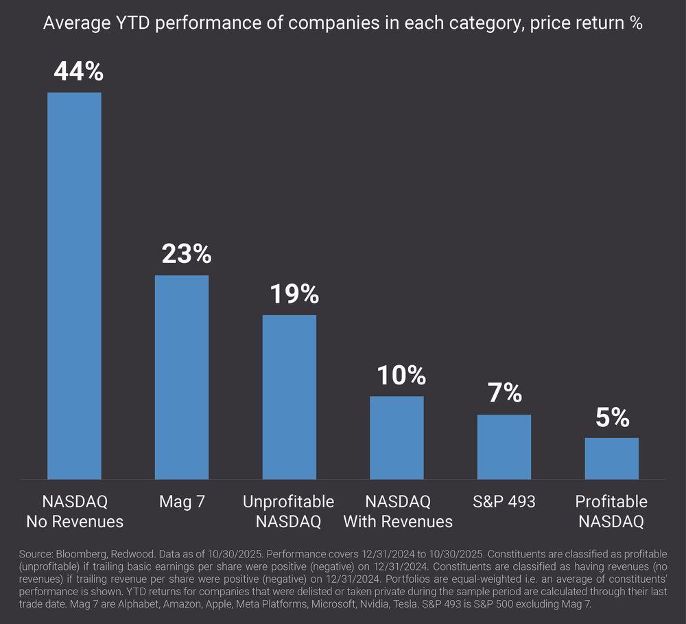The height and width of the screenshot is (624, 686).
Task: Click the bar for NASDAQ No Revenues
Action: click(74, 286)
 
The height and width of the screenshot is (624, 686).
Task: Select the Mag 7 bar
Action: click(182, 377)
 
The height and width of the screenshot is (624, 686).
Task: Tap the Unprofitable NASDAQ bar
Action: click(289, 397)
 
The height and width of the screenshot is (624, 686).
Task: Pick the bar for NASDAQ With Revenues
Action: click(397, 437)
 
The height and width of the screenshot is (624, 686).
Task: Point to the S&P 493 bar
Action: click(504, 447)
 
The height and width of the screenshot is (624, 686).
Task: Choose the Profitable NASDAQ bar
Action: click(612, 458)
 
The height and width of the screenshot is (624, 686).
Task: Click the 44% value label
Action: click(78, 71)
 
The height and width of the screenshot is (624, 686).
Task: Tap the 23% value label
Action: click(186, 254)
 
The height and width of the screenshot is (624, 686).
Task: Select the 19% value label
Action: click(294, 294)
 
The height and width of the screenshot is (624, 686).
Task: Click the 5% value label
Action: click(613, 417)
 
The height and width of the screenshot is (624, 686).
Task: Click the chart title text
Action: click(342, 23)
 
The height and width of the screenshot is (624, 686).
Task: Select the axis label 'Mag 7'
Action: click(182, 502)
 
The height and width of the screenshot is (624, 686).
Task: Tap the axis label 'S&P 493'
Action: click(504, 502)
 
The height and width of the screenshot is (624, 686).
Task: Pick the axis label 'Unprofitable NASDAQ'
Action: click(289, 511)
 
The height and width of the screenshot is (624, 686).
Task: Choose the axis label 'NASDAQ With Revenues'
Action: click(398, 511)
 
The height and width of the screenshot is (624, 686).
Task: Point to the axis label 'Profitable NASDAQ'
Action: click(611, 511)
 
